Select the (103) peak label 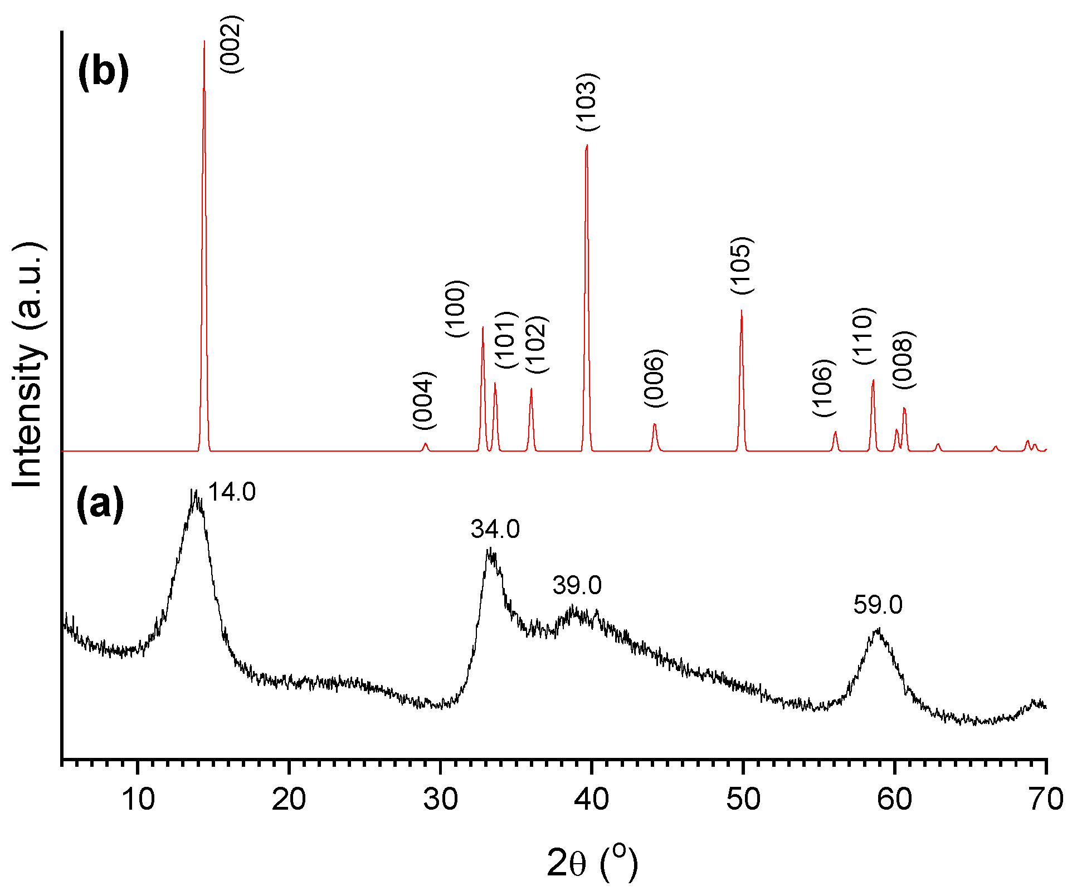(587, 102)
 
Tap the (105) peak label (742, 266)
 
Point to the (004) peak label (424, 400)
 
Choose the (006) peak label (655, 378)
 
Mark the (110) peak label (864, 336)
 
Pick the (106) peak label (824, 388)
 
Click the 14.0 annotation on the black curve (232, 492)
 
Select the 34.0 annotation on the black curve (495, 529)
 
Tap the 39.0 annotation (577, 585)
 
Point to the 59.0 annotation (878, 605)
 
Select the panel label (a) (100, 503)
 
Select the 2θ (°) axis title (592, 863)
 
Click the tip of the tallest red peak (204, 41)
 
